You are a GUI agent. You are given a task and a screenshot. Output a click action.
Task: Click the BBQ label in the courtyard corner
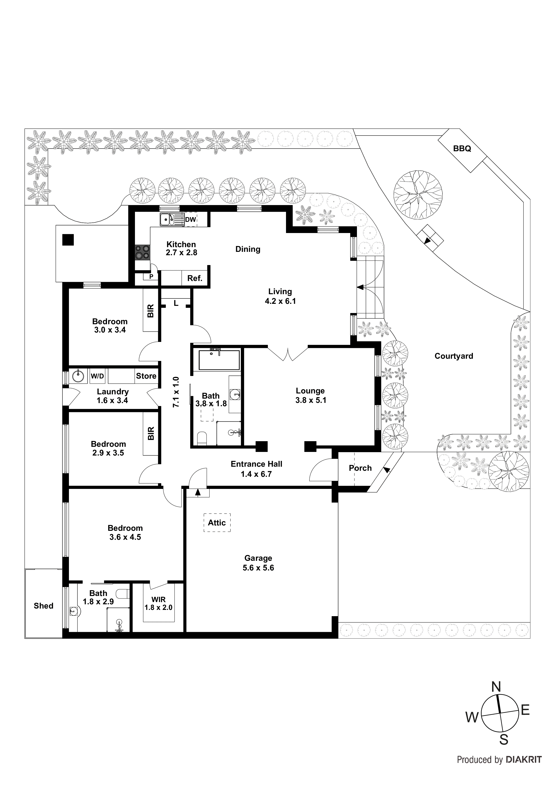coord(462,149)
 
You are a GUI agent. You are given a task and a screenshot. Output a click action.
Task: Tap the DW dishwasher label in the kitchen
coord(190,219)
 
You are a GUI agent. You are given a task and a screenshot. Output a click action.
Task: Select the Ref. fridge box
coord(194,278)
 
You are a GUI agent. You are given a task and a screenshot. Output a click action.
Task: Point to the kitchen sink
coord(168,219)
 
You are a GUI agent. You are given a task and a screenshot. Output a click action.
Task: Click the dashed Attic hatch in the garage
coord(217,523)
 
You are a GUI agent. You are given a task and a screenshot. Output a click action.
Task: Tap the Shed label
coord(43,606)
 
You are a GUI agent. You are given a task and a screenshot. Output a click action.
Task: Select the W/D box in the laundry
coord(97,376)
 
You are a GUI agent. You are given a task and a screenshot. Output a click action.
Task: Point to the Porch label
coord(360,468)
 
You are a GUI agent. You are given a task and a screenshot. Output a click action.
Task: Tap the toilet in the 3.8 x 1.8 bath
coord(202,439)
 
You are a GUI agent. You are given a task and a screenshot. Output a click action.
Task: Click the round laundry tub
coord(78,376)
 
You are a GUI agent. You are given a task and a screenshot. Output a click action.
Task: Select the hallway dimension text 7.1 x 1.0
coord(176,392)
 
